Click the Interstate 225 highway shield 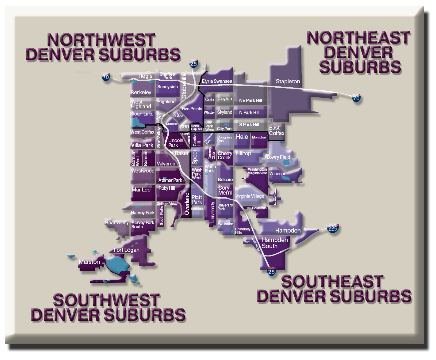(333, 228)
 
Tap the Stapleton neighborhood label (288, 81)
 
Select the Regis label (145, 76)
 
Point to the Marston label (89, 262)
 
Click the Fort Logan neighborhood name (126, 250)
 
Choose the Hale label (242, 137)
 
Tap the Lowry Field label (278, 157)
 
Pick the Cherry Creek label (225, 155)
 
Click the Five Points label (192, 109)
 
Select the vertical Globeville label (184, 85)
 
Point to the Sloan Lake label (142, 114)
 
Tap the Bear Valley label (117, 222)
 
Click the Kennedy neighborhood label (311, 229)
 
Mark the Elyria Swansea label (217, 81)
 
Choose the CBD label (185, 127)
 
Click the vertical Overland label (187, 203)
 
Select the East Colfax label (277, 131)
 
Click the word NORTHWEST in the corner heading (101, 40)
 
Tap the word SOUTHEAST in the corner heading (332, 282)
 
